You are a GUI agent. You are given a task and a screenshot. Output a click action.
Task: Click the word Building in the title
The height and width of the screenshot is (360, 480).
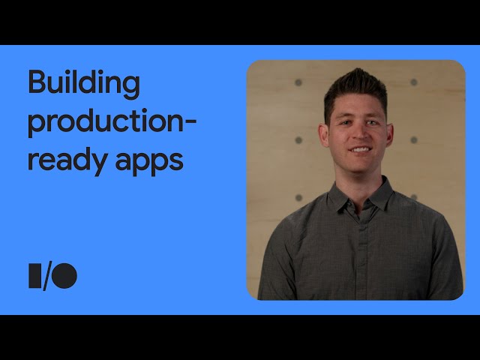(x=84, y=83)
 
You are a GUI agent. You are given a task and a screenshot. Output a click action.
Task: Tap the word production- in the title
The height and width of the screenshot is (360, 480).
(x=112, y=122)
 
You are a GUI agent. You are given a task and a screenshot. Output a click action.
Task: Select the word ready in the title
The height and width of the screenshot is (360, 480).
(x=67, y=161)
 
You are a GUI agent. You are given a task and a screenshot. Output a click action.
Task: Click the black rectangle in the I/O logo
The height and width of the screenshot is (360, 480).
(x=34, y=275)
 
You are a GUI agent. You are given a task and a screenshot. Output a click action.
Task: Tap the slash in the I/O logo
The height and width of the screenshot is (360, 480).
(x=47, y=277)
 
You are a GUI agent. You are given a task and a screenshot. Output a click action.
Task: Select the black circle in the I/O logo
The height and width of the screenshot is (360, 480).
(x=64, y=275)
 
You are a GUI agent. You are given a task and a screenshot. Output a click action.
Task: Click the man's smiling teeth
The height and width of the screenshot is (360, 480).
(x=360, y=150)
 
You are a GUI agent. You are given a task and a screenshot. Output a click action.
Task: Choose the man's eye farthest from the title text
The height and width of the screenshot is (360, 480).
(x=372, y=123)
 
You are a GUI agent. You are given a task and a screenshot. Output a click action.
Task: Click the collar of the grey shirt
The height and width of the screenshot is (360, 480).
(x=361, y=196)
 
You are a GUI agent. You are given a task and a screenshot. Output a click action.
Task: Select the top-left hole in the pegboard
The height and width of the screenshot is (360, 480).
(x=298, y=82)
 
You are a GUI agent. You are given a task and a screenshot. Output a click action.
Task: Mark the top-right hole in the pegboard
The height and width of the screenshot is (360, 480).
(x=413, y=82)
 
